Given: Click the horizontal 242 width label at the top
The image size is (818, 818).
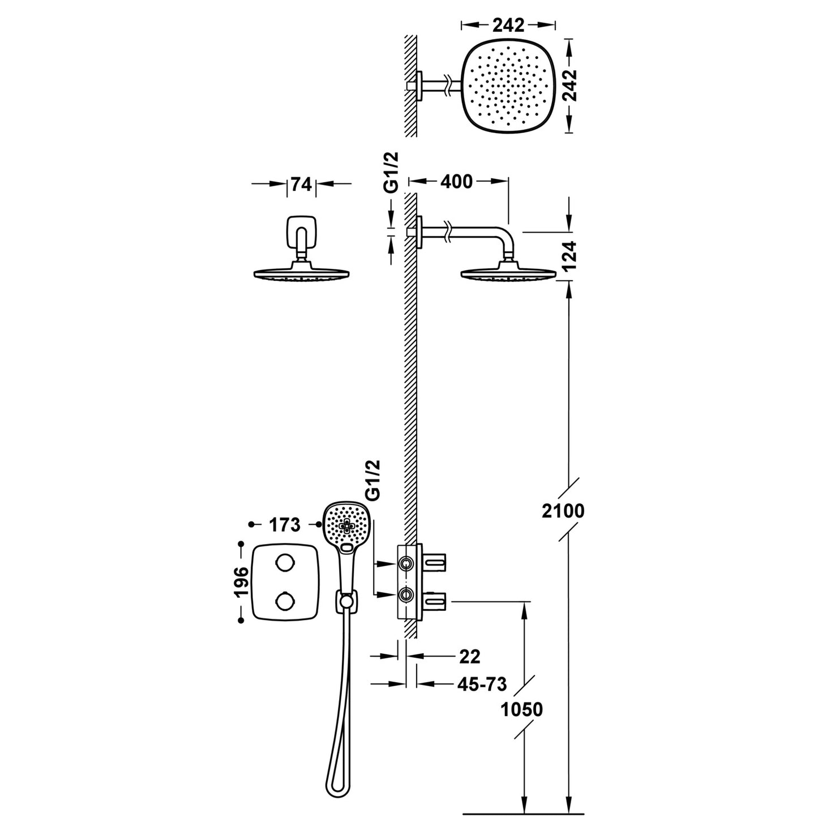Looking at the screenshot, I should [508, 25].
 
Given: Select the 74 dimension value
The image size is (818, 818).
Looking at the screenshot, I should [302, 184].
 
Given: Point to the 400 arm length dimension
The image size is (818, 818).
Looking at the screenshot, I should [456, 182].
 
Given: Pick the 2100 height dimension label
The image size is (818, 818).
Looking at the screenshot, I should [563, 511].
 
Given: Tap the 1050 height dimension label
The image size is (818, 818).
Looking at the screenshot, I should [521, 709].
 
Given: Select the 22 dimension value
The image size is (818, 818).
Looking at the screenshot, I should [470, 656].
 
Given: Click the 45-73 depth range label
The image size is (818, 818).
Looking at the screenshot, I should [482, 684].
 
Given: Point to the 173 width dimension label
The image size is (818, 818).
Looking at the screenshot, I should [285, 525].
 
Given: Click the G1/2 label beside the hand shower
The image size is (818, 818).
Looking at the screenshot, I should [373, 480].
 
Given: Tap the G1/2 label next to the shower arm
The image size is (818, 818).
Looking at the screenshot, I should [391, 173].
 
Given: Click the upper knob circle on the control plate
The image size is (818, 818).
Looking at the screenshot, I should [284, 563].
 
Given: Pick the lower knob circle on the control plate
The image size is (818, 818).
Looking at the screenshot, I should [284, 600].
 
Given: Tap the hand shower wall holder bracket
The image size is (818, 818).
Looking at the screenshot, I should [346, 601].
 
